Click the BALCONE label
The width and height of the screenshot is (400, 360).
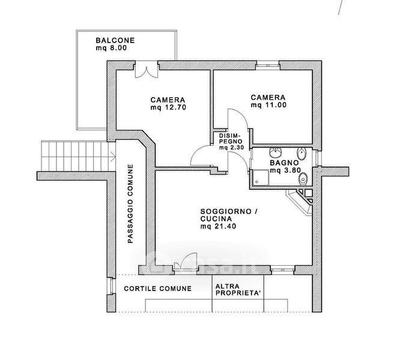pyautogui.click(x=115, y=41)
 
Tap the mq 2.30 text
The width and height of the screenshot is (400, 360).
pyautogui.click(x=231, y=148)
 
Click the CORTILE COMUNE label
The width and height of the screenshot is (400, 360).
pyautogui.click(x=158, y=289)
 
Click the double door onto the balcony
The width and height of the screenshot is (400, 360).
pyautogui.click(x=146, y=68)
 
